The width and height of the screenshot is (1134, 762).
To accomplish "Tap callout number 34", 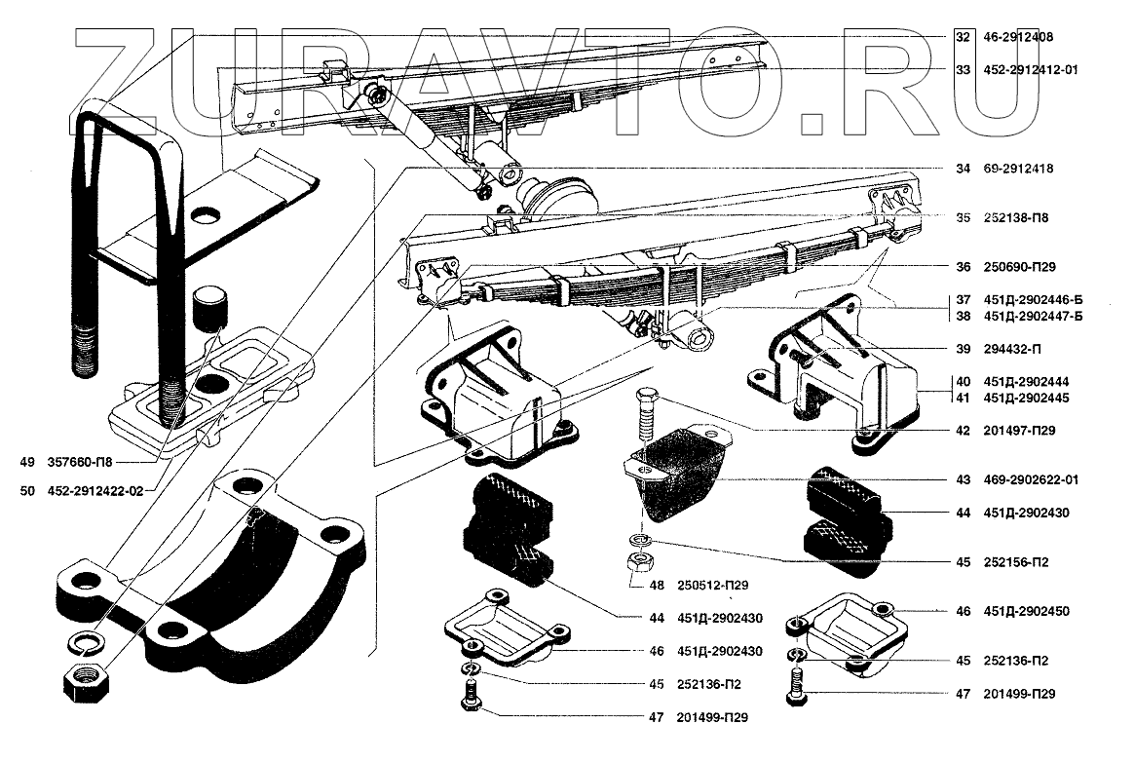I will [963, 169].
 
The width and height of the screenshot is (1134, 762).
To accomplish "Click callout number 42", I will [963, 430].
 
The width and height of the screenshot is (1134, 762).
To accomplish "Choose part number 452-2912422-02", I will [94, 491].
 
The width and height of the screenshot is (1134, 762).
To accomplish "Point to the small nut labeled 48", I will [641, 562].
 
